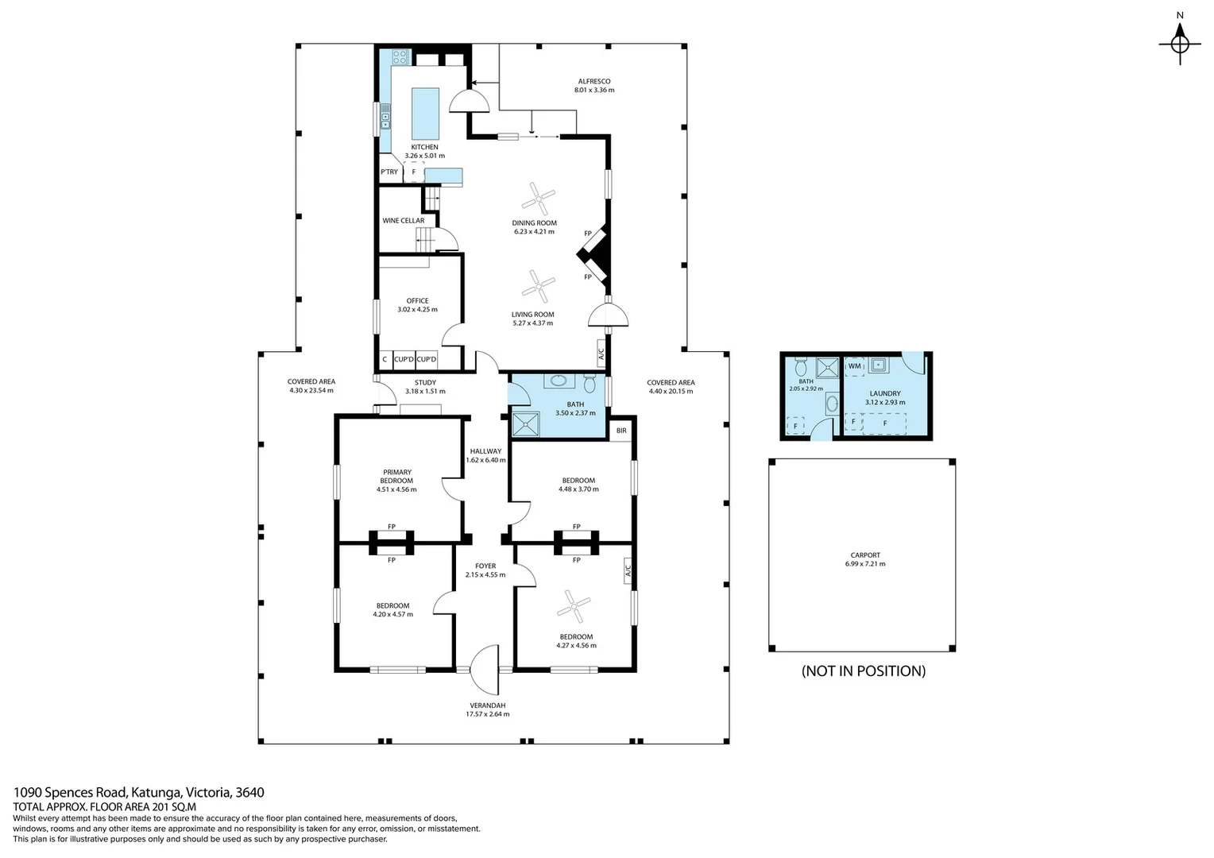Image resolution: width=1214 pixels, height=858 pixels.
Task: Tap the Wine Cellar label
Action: [404, 221]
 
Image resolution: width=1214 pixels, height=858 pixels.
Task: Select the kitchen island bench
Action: [425, 113]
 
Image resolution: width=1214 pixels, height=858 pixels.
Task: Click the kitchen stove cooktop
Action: [400, 56]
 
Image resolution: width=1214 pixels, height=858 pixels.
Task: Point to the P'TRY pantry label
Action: [389, 172]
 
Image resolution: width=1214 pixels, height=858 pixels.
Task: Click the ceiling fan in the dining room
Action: [539, 198]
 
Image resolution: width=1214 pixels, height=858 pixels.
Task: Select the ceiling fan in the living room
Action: [539, 285]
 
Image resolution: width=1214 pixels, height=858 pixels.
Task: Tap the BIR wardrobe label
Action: [621, 431]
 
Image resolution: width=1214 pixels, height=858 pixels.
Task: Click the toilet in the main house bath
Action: [590, 383]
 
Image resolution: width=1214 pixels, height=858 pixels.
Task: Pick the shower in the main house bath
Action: [525, 425]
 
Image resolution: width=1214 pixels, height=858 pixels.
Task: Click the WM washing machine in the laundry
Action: [855, 366]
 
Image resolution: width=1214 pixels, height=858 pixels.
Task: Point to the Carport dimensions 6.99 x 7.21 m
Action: [865, 564]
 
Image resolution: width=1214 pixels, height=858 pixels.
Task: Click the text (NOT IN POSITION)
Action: [864, 671]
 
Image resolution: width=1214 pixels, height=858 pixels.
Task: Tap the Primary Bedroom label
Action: [396, 477]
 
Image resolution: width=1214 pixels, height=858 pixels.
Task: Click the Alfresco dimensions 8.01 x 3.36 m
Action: [594, 91]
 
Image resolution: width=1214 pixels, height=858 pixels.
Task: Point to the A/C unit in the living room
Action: [601, 352]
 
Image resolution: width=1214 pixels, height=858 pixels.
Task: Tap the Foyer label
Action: [485, 566]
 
